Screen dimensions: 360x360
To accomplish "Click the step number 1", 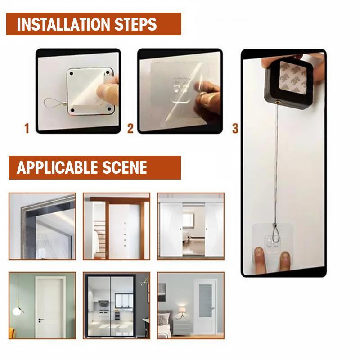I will pos(27,129).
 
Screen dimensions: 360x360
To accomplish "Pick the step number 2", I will pos(130,129).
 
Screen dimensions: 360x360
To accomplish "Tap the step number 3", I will pos(235,129).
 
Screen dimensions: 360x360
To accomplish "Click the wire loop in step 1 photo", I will pos(54,103).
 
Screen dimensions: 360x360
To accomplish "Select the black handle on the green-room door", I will pos(41,319).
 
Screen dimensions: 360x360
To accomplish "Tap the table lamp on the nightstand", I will pos(182,310).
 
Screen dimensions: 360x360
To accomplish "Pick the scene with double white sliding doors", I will pos(190,226).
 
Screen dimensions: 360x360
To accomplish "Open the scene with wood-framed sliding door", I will pos(116,226).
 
